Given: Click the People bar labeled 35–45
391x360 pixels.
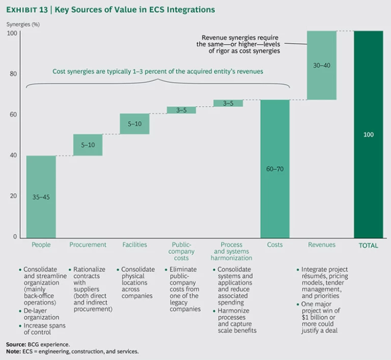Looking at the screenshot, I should pos(41,196).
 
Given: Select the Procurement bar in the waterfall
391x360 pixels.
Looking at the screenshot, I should pos(88,145).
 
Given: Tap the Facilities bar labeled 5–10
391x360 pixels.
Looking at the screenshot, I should pos(134,124).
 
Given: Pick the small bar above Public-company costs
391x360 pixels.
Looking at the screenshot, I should pos(181,110).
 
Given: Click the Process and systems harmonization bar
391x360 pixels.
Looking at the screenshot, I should pos(228,103).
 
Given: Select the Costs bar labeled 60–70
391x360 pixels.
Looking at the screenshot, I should pos(275,168).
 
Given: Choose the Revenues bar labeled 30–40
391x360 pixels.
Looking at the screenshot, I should pos(322,65).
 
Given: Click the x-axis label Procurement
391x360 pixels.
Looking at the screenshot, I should pos(88,245).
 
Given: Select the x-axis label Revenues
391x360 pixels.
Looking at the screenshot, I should pos(322,245).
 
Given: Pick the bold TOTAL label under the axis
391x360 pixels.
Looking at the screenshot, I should pos(368,245).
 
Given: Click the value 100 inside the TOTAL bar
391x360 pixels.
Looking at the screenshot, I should pos(368,134).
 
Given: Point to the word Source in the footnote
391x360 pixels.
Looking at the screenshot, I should pos(16,344).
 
